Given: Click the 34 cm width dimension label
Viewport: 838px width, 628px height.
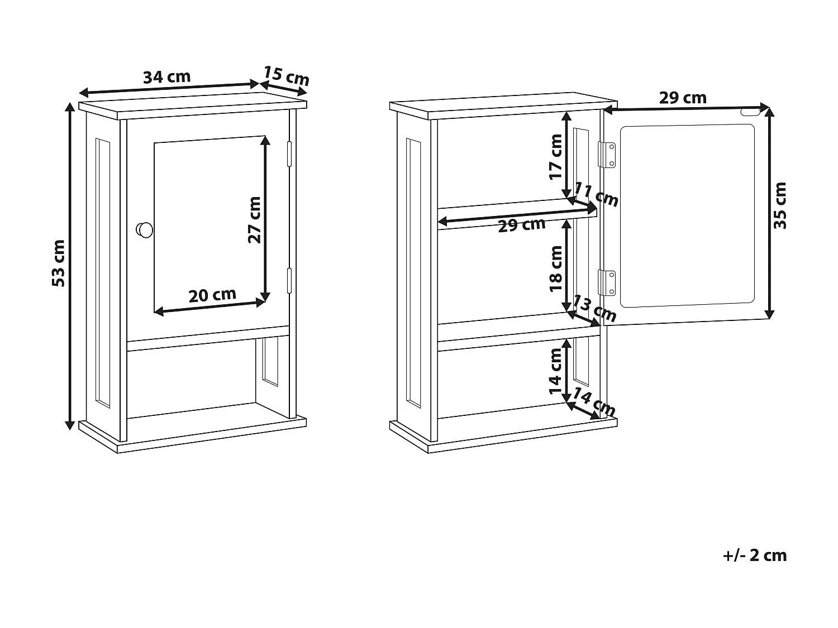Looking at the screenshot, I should point(166,77).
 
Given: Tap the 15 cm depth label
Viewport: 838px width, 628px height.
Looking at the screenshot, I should point(286,75).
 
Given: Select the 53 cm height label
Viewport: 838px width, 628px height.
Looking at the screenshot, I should point(59,263).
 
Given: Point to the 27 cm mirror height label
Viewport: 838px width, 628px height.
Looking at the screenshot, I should point(255,219).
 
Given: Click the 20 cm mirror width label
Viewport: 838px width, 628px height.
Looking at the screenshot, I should point(212,295).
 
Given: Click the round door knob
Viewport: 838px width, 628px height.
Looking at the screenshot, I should point(145,229).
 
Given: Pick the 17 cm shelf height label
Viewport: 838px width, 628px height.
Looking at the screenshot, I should point(556,156).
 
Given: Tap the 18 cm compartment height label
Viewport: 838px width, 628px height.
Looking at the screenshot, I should point(556,269).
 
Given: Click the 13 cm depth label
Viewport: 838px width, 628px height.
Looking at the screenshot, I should point(595,309).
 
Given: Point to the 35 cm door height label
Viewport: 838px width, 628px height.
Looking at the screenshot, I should point(780,205).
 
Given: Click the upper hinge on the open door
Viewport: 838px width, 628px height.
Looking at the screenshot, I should point(607,155).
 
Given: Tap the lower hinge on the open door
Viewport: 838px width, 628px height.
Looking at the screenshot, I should point(607,282).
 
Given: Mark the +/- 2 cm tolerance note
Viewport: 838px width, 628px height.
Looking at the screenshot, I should point(755,555).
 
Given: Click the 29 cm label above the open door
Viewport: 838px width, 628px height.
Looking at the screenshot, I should point(683,98).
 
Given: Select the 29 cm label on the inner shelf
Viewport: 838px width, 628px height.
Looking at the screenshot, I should point(521,225).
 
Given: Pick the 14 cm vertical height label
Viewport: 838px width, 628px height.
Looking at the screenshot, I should point(556,371).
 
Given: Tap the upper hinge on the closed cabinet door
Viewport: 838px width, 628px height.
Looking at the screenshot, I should point(289,154).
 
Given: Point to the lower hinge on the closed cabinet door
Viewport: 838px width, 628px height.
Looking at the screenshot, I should point(289,281).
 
